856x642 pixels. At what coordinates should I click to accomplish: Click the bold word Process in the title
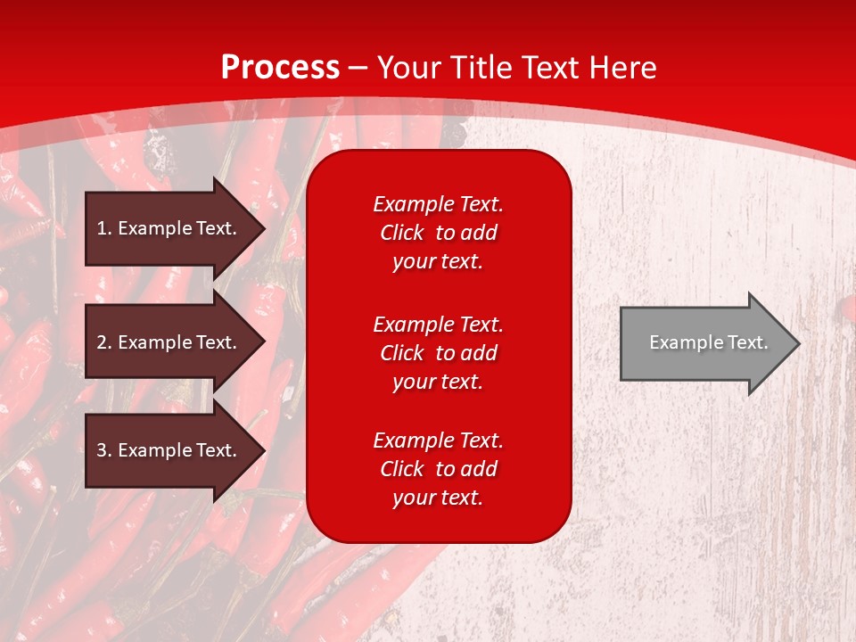point(280,68)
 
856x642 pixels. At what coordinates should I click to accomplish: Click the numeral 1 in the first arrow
point(101,228)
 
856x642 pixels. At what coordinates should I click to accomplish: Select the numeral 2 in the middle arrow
point(102,342)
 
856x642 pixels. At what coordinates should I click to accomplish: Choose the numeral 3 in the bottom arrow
point(102,450)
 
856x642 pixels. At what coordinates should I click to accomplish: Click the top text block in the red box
point(438,233)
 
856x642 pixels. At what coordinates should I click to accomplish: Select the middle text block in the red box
point(438,353)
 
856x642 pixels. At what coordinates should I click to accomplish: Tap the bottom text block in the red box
point(438,469)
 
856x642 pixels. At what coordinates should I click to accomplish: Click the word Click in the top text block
point(402,233)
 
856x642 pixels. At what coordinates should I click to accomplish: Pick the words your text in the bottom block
point(438,498)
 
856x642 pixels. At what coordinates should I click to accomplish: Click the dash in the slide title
point(358,68)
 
